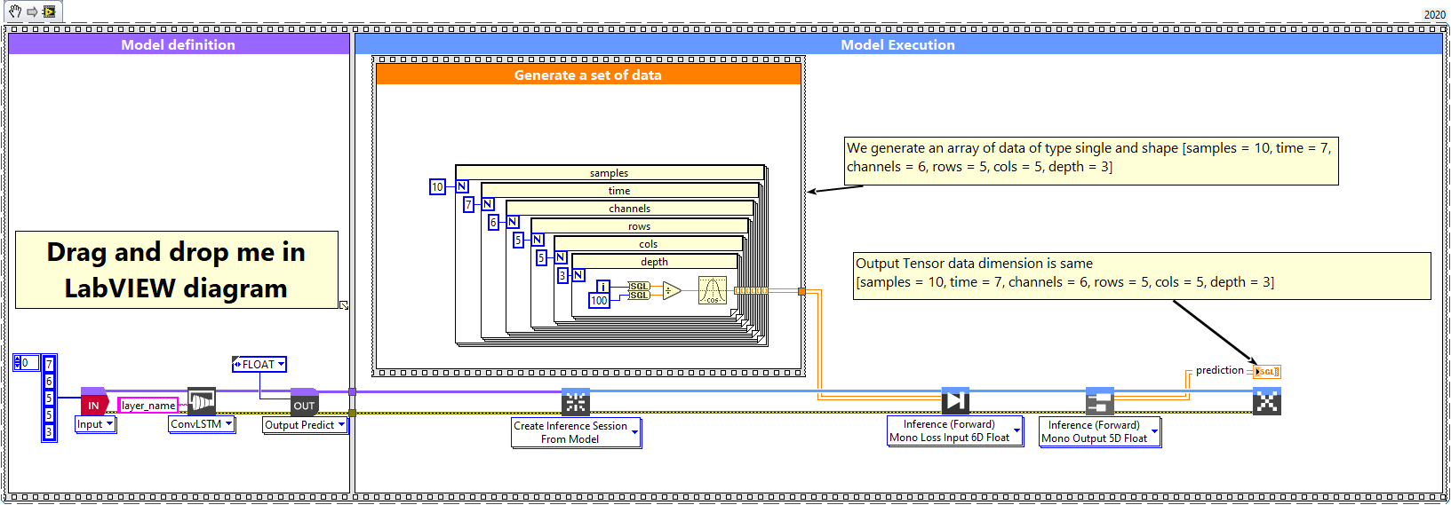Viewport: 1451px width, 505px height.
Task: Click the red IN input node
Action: click(x=93, y=404)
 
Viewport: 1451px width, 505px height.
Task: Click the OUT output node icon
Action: click(x=304, y=404)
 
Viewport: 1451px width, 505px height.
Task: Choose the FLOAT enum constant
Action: click(x=259, y=365)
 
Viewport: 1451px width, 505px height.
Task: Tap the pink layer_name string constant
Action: click(x=148, y=406)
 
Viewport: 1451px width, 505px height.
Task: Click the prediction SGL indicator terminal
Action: click(x=1266, y=372)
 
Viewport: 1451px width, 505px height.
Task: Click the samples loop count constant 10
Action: click(x=437, y=187)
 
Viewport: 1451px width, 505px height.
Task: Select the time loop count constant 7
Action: click(x=468, y=205)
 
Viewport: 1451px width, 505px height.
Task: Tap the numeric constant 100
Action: click(x=599, y=301)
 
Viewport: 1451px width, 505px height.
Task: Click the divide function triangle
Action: click(x=671, y=290)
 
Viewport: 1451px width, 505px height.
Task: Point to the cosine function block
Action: click(x=712, y=290)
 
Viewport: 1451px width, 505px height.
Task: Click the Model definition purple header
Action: click(x=178, y=45)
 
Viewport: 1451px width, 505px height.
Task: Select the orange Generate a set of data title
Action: click(x=587, y=75)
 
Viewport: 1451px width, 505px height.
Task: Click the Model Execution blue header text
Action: click(x=897, y=45)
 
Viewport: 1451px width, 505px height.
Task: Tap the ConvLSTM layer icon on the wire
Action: click(x=202, y=402)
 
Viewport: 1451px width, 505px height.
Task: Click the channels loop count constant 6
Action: click(x=493, y=223)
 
